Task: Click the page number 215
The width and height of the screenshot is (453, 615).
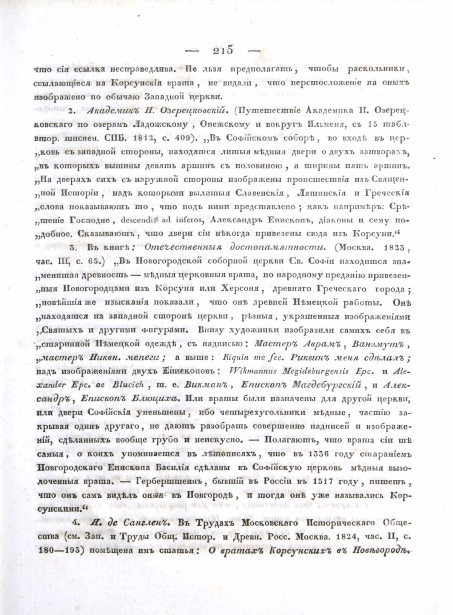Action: tap(223, 51)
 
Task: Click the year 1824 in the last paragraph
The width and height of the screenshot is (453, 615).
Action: tap(347, 537)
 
